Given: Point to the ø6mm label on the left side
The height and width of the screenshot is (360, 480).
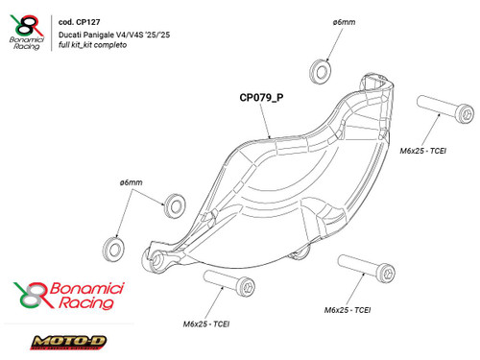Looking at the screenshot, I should (132, 182).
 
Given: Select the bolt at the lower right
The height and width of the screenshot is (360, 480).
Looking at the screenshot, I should (362, 270).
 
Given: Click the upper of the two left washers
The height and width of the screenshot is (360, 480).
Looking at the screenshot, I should (174, 203).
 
